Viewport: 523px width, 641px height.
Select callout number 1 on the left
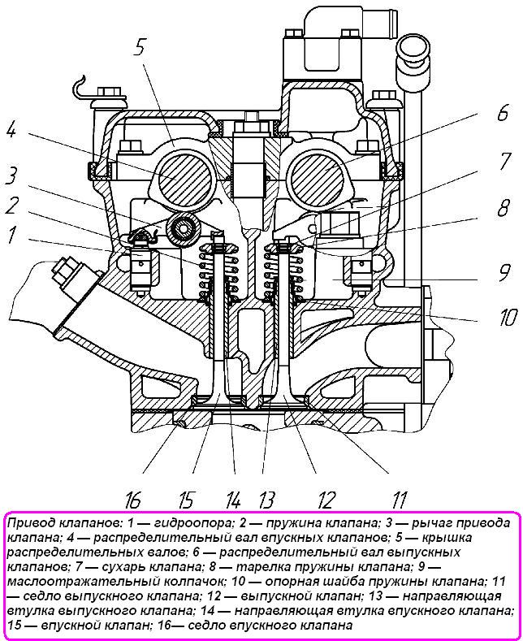(12, 235)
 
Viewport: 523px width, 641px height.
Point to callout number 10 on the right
(508, 317)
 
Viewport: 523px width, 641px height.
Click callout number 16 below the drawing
(133, 500)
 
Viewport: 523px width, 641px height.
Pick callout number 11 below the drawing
(399, 500)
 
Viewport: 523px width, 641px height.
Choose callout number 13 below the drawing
(266, 500)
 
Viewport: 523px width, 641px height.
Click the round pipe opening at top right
(412, 49)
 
